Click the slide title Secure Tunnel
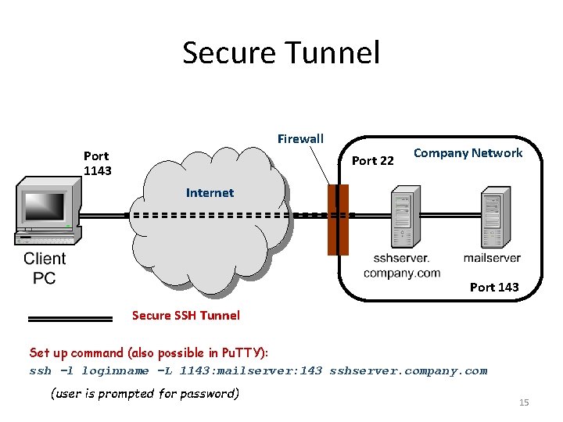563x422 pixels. coord(281,53)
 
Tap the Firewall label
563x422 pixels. coord(300,139)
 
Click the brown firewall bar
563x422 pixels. coord(337,220)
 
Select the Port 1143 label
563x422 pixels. coord(97,163)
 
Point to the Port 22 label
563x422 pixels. coord(373,161)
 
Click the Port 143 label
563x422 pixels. coord(493,287)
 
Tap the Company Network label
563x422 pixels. coord(468,153)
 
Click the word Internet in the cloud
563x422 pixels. coord(210,192)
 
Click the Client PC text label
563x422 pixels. coord(45,268)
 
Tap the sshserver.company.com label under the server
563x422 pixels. coord(401,266)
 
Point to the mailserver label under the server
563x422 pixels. coord(492,258)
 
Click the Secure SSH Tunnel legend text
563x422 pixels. coord(186,316)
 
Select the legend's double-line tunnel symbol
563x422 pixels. coord(70,319)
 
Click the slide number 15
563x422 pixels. coord(524,402)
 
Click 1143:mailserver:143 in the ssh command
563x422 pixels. coord(250,371)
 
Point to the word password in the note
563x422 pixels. coord(210,393)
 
